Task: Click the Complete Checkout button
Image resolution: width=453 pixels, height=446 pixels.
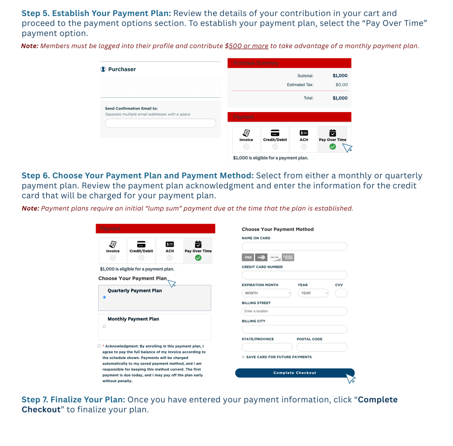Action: [294, 373]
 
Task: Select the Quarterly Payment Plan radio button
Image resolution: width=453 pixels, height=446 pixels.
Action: [104, 297]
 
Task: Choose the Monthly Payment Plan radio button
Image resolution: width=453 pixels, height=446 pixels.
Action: [104, 326]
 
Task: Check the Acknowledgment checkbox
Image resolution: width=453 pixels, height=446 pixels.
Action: [99, 346]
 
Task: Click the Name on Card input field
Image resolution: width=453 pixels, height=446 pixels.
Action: [294, 246]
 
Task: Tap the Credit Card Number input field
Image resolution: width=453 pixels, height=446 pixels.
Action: [294, 275]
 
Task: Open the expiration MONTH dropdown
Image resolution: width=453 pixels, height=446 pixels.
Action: [266, 293]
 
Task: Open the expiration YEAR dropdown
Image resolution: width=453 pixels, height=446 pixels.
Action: [313, 293]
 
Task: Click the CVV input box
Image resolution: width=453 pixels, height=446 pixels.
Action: [341, 293]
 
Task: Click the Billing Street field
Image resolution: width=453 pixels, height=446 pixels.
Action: [294, 311]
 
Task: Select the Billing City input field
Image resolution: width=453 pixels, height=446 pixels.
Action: [294, 329]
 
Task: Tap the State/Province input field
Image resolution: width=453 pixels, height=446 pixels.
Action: [267, 347]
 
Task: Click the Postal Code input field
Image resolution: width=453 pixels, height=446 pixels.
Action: [322, 347]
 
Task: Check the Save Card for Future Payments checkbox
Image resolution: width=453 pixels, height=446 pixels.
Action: [243, 357]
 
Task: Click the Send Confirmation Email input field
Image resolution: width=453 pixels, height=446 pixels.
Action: [160, 123]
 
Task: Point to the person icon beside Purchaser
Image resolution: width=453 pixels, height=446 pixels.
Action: [103, 69]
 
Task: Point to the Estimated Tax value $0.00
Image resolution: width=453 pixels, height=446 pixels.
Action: [341, 85]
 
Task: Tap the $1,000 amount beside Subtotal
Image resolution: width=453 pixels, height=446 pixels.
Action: [340, 76]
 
